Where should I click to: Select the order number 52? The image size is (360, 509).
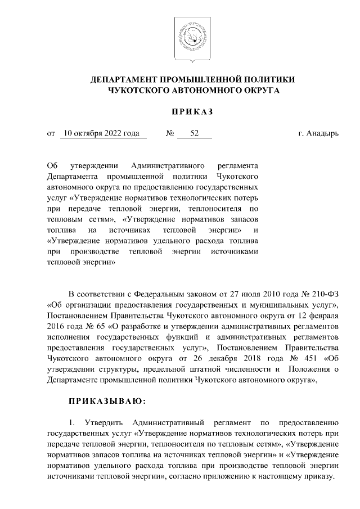point(195,134)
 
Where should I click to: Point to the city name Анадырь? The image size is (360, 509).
point(322,134)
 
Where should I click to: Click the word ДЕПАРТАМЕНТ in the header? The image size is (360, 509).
point(124,79)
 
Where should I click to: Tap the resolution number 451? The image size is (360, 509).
point(305,358)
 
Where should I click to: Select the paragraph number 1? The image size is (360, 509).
point(71,422)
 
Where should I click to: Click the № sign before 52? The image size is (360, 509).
point(169,134)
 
